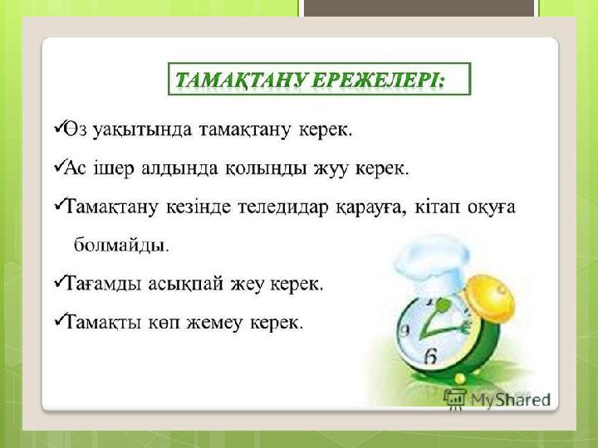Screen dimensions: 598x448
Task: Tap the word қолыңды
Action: tap(266, 168)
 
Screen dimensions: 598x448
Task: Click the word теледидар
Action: tap(283, 207)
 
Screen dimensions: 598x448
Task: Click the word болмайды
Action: tap(121, 245)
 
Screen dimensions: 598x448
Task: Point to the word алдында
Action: tap(179, 168)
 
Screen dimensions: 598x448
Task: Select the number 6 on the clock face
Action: tap(430, 357)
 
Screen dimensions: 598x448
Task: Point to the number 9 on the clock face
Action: tap(404, 330)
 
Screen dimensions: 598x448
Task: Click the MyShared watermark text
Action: tap(511, 400)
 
